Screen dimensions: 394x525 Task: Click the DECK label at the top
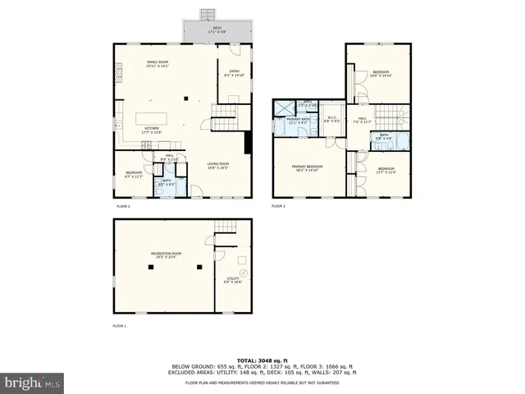[x=217, y=29]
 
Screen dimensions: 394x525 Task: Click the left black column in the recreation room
[x=150, y=268]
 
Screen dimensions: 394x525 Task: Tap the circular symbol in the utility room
[x=243, y=272]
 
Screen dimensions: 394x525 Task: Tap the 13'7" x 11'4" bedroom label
[x=386, y=170]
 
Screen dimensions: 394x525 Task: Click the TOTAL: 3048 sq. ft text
[x=262, y=360]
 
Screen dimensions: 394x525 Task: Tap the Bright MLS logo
[x=33, y=383]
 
